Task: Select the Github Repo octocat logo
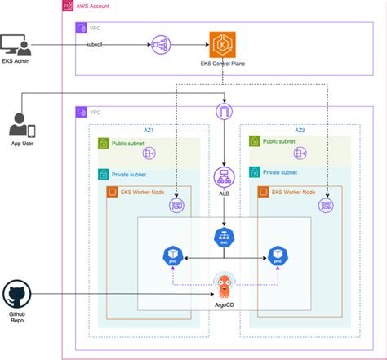(x=16, y=294)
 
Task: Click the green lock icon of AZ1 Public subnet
(x=104, y=144)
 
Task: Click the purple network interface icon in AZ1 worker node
(x=175, y=207)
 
